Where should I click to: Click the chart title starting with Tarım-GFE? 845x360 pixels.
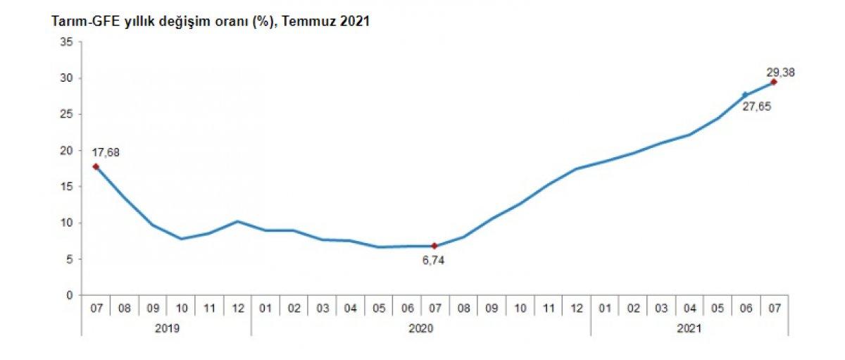(x=211, y=22)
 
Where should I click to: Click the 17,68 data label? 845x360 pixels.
(x=106, y=151)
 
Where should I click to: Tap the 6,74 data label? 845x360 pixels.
(x=433, y=260)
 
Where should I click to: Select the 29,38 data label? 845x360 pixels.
(x=780, y=71)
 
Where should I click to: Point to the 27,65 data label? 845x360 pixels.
(x=757, y=108)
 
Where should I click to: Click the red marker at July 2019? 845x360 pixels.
(x=96, y=167)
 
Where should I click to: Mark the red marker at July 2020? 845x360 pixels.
(x=434, y=246)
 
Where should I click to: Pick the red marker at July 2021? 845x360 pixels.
(x=774, y=82)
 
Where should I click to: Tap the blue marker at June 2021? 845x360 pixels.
(x=745, y=94)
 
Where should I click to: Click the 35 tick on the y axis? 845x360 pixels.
(x=67, y=42)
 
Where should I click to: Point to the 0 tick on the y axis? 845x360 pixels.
(x=70, y=295)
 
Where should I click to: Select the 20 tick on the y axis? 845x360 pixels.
(x=67, y=151)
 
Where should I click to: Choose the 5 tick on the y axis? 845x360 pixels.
(x=70, y=259)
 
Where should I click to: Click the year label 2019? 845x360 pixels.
(x=166, y=328)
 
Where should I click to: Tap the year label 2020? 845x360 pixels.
(x=420, y=328)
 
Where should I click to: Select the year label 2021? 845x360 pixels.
(x=689, y=328)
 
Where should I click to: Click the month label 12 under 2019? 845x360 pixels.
(x=237, y=308)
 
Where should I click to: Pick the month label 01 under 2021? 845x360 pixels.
(x=605, y=308)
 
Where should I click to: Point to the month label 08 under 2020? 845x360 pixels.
(x=463, y=308)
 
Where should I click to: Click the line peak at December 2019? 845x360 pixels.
(x=237, y=221)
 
